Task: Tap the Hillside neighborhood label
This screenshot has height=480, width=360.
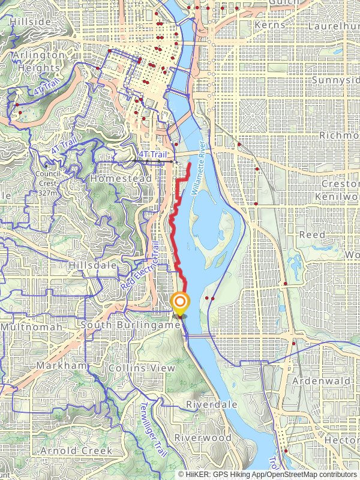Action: click(x=31, y=22)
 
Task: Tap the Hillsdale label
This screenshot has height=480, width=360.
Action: click(x=91, y=265)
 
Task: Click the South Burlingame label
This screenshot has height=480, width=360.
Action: click(x=130, y=325)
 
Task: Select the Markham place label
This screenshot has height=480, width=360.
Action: click(x=62, y=365)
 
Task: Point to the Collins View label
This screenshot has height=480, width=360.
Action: click(x=142, y=368)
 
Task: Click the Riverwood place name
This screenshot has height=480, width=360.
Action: click(x=203, y=438)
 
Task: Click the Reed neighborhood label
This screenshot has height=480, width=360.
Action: click(x=312, y=235)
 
